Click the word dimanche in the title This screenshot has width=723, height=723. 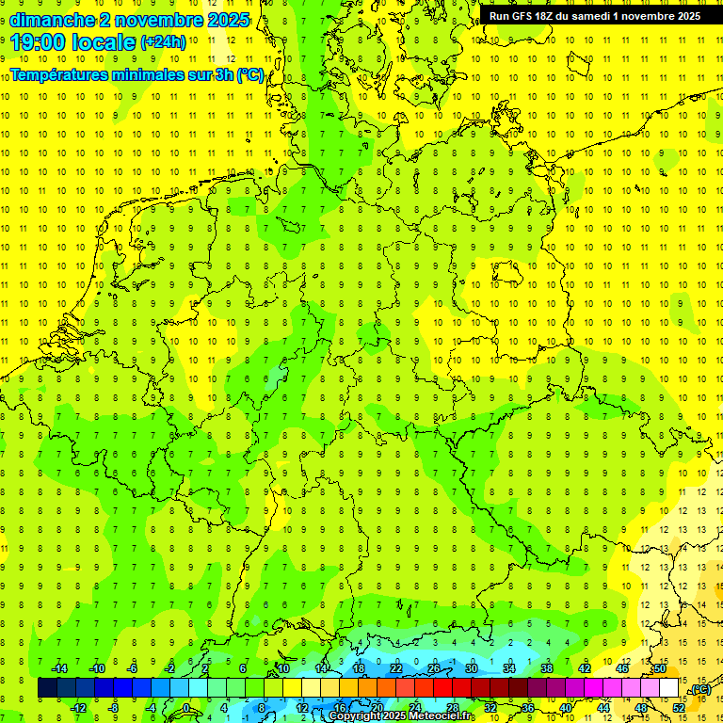(53, 19)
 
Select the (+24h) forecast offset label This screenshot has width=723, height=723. (163, 41)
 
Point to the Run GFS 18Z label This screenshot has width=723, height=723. (522, 16)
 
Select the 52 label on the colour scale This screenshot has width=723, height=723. (679, 708)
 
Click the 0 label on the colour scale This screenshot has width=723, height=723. (186, 708)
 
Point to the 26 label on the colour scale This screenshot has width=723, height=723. (434, 668)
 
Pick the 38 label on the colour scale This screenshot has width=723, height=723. (546, 668)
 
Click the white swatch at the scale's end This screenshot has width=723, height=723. (669, 688)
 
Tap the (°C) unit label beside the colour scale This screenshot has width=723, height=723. (700, 689)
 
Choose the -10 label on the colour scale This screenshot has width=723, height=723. (96, 668)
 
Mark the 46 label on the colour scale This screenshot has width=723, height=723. (621, 668)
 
